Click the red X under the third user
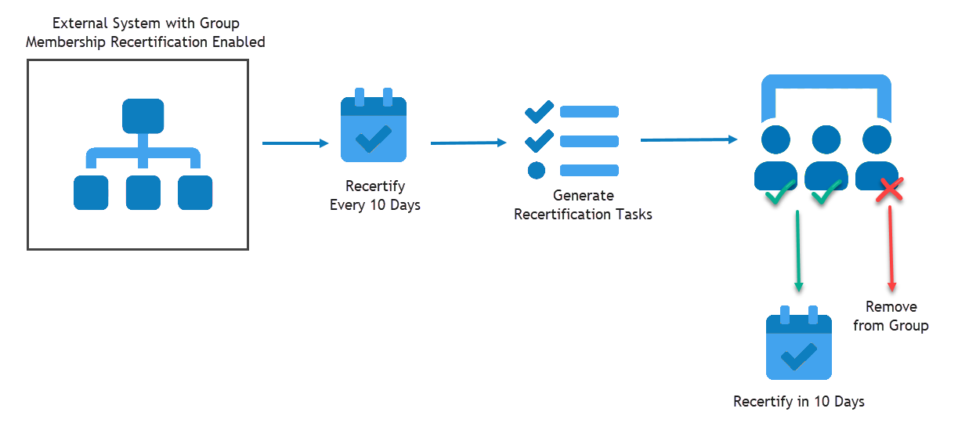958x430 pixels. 890,190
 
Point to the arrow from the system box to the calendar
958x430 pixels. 295,143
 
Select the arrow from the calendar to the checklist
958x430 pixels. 468,143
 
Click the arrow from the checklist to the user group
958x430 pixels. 689,140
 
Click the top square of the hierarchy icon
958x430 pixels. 143,116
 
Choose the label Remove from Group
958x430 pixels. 891,316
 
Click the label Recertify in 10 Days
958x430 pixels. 798,402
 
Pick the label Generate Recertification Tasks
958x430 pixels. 583,204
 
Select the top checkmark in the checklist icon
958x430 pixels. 538,112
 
